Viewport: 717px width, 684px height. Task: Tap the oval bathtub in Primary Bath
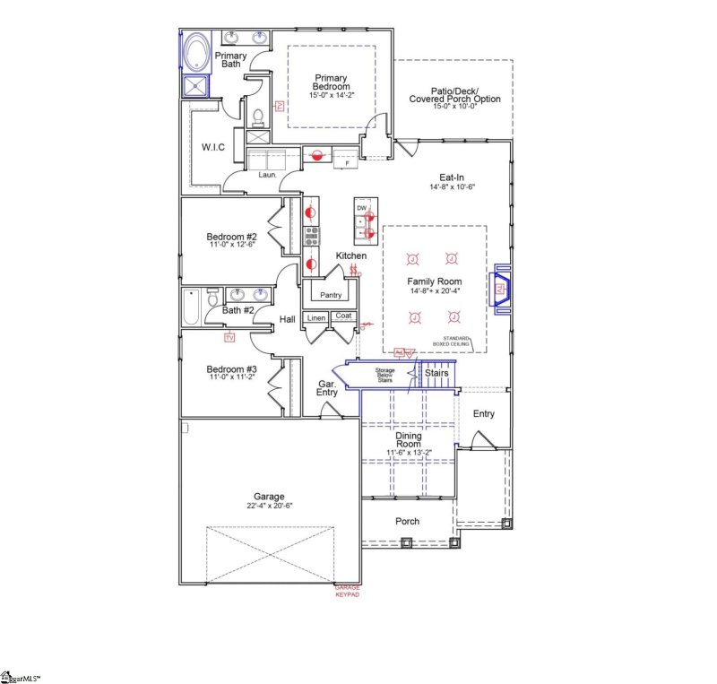[x=194, y=51]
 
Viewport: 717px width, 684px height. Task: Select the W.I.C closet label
[x=212, y=146]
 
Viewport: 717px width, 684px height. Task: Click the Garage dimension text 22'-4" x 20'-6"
[x=268, y=506]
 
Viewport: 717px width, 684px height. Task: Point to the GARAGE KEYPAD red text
[x=341, y=591]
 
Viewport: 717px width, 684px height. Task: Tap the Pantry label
[x=331, y=295]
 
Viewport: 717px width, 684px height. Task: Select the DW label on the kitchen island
[x=362, y=208]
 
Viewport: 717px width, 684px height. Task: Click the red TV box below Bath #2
[x=229, y=337]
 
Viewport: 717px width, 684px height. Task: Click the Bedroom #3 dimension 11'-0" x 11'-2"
[x=231, y=378]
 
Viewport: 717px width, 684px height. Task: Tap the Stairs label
[x=436, y=372]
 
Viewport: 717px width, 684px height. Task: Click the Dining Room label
[x=409, y=439]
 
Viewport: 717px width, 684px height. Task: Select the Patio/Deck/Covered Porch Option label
[x=454, y=98]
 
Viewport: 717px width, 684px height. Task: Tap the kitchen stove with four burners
[x=312, y=236]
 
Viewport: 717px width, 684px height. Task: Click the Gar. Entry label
[x=327, y=388]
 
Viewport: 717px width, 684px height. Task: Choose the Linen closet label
[x=316, y=317]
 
